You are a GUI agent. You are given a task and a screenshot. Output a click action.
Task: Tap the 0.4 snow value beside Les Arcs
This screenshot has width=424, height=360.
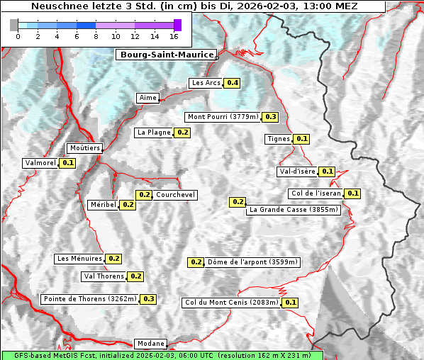[232, 83]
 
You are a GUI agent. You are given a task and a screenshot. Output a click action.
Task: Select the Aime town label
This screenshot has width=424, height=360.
[147, 98]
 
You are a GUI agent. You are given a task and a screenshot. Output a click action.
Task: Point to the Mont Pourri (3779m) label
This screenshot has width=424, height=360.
[223, 117]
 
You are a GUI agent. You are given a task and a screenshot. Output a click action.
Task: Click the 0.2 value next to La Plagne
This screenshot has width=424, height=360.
[183, 133]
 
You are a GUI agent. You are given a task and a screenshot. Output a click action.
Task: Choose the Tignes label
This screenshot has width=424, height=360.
[278, 139]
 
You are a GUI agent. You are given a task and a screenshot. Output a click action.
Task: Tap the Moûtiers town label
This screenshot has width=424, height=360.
[84, 148]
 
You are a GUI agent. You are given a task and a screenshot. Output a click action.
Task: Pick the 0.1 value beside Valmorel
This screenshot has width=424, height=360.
[68, 163]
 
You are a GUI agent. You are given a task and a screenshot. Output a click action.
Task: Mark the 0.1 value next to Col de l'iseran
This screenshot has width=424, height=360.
[353, 193]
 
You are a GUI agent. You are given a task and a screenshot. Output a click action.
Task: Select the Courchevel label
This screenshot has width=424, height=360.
[175, 195]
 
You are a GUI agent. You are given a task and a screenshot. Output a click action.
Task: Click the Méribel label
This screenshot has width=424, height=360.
[103, 205]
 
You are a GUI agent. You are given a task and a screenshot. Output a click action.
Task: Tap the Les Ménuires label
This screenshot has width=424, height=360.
[79, 259]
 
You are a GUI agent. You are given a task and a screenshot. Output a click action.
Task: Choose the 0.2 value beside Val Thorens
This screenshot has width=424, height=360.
[136, 276]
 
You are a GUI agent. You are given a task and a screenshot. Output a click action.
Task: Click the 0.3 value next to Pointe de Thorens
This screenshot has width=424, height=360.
[148, 299]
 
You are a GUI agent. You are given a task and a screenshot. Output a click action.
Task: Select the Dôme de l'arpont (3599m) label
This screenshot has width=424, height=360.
[253, 262]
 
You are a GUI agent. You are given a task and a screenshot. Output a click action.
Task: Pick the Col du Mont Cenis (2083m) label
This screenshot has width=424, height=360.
[231, 303]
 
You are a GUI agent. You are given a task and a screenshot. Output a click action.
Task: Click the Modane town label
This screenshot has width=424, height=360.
[150, 344]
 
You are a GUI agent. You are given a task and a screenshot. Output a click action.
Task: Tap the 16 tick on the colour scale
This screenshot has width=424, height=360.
[174, 36]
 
